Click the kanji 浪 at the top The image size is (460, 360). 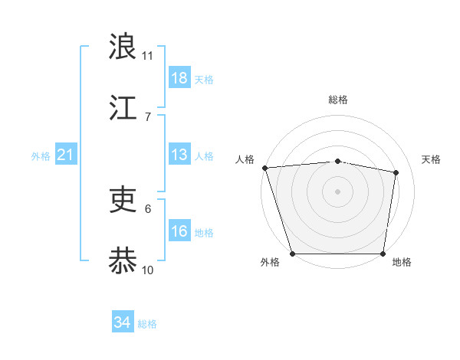pos(123,47)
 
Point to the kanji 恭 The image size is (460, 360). pos(123,260)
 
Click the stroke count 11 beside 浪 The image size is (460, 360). pos(148,56)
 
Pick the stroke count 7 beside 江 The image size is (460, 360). pos(148,116)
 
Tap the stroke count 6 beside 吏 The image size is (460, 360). pos(148,208)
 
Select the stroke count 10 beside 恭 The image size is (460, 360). pos(148,270)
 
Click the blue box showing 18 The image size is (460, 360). pos(179,78)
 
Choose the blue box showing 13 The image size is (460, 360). pos(179,155)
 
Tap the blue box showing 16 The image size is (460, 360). pos(179,231)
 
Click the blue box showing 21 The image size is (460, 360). pos(66,155)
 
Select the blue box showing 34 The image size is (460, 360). pos(123,323)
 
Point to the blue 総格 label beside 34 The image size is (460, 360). pos(147,324)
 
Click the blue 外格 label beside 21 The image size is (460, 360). pos(41,156)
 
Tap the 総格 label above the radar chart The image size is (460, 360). pos(337,100)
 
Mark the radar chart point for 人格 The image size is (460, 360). pos(264,168)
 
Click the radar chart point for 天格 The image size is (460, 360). pos(396,172)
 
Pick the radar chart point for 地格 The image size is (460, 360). pos(383,254)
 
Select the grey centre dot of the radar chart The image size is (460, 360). pos(337,191)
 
